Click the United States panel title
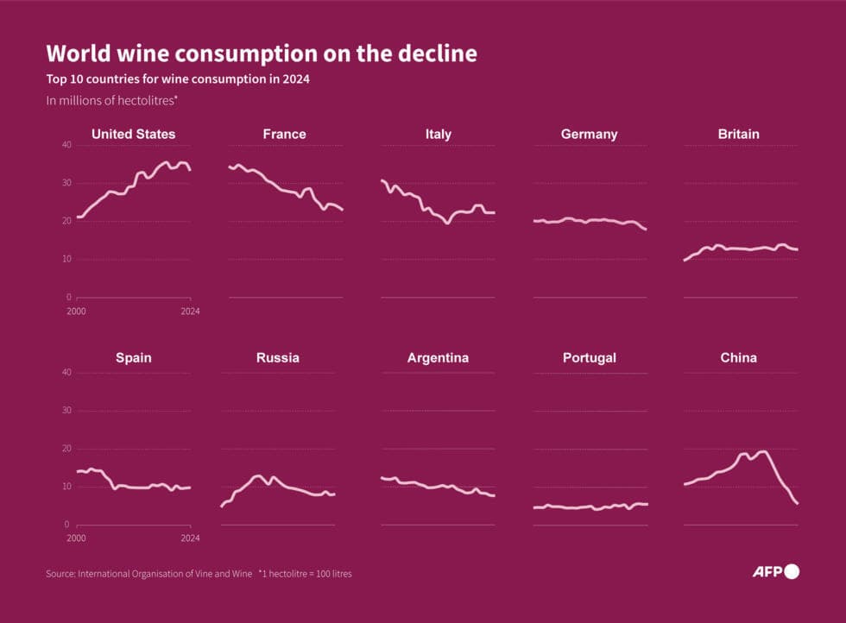coord(133,134)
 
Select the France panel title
coord(284,134)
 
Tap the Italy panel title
coord(438,134)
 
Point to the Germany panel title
coord(589,134)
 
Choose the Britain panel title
coord(738,134)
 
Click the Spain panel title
coord(133,357)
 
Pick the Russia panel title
coord(278,357)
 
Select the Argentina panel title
coord(438,357)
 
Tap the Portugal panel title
coord(589,357)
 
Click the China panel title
coord(738,357)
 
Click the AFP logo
coord(775,571)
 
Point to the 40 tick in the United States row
coord(66,145)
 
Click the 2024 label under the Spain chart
coord(190,538)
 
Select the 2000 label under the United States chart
coord(76,310)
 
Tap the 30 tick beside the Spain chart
coord(66,411)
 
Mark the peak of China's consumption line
coord(761,451)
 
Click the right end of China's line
coord(797,503)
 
